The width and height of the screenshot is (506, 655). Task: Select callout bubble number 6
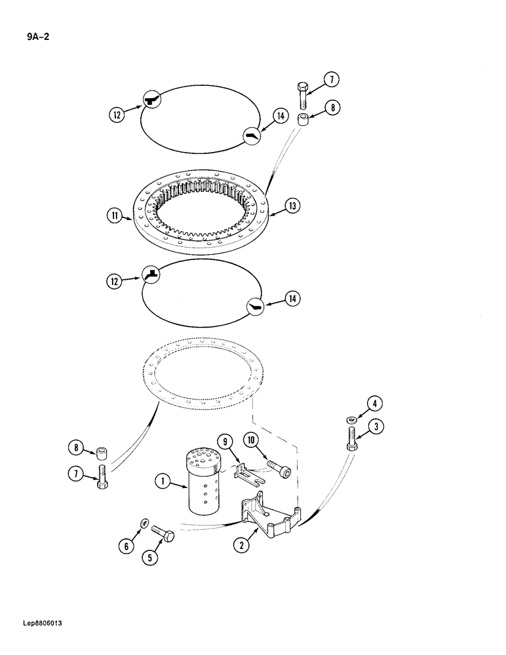(127, 545)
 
